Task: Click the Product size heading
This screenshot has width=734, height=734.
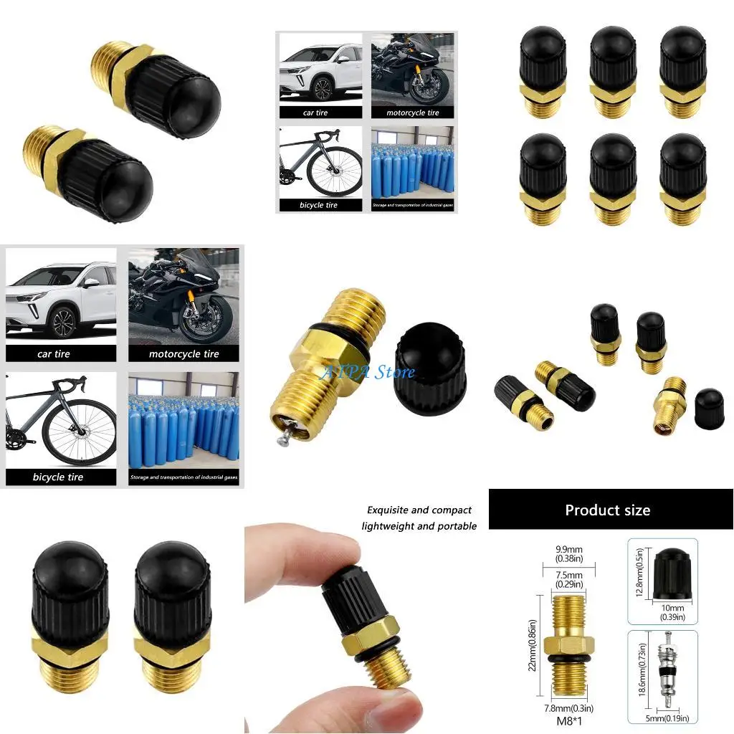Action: [607, 510]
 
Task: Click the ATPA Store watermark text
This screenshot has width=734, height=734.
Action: [368, 372]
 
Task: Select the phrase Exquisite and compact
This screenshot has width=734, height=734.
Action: [419, 510]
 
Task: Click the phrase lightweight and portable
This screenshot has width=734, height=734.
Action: [419, 526]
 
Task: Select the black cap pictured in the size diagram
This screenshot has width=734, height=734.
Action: [671, 570]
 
